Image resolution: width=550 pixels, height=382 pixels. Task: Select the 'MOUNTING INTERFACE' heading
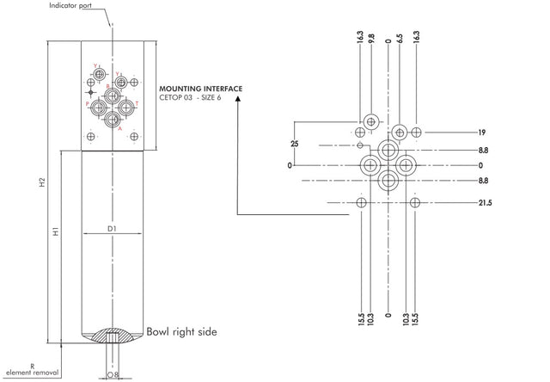coord(201,88)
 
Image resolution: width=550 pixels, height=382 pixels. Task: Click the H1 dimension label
coord(55,232)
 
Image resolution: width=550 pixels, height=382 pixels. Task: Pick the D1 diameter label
coord(112,228)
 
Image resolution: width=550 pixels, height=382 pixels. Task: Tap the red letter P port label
coord(88,103)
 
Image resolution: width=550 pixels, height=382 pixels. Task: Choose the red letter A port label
coord(120,128)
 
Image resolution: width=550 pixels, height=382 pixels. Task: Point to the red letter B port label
coord(107,87)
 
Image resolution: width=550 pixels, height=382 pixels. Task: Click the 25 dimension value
coord(294,144)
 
